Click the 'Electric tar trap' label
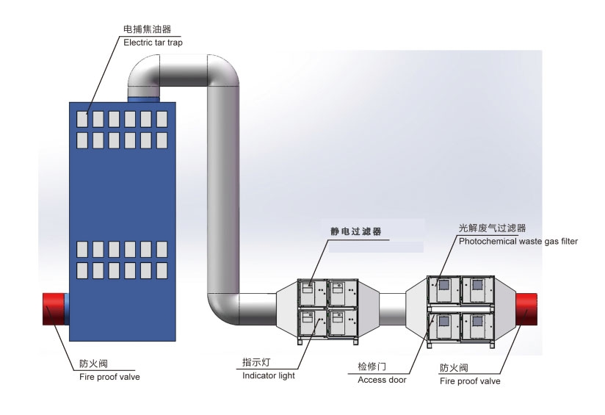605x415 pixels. pos(153,43)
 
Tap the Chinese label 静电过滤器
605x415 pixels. pos(356,231)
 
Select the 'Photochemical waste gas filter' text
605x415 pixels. pos(518,242)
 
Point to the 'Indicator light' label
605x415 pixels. pos(268,375)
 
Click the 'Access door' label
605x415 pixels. pos(382,380)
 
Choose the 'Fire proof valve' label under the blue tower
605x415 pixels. pos(109,377)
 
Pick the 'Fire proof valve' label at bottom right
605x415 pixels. pos(470,381)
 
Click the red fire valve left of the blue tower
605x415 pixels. pos(54,308)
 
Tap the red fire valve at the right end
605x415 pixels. pos(526,308)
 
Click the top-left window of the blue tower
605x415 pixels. pos(82,119)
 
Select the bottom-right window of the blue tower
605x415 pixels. pos(162,270)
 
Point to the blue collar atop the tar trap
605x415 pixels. pos(143,100)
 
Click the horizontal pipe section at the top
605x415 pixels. pos(184,71)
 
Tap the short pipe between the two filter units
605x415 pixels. pos(392,308)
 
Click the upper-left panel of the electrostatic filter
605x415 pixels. pos(312,293)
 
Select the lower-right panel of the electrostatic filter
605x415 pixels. pos(342,322)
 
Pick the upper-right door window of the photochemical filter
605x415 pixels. pos(478,285)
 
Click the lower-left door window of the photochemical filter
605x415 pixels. pos(443,321)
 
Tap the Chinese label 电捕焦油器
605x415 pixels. pos(147,29)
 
